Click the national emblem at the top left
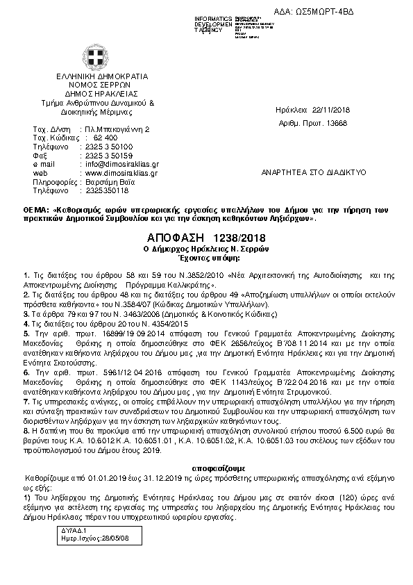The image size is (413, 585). click(93, 55)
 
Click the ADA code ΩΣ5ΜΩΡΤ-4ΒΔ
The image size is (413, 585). click(371, 12)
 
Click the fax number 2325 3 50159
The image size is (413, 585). click(110, 156)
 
